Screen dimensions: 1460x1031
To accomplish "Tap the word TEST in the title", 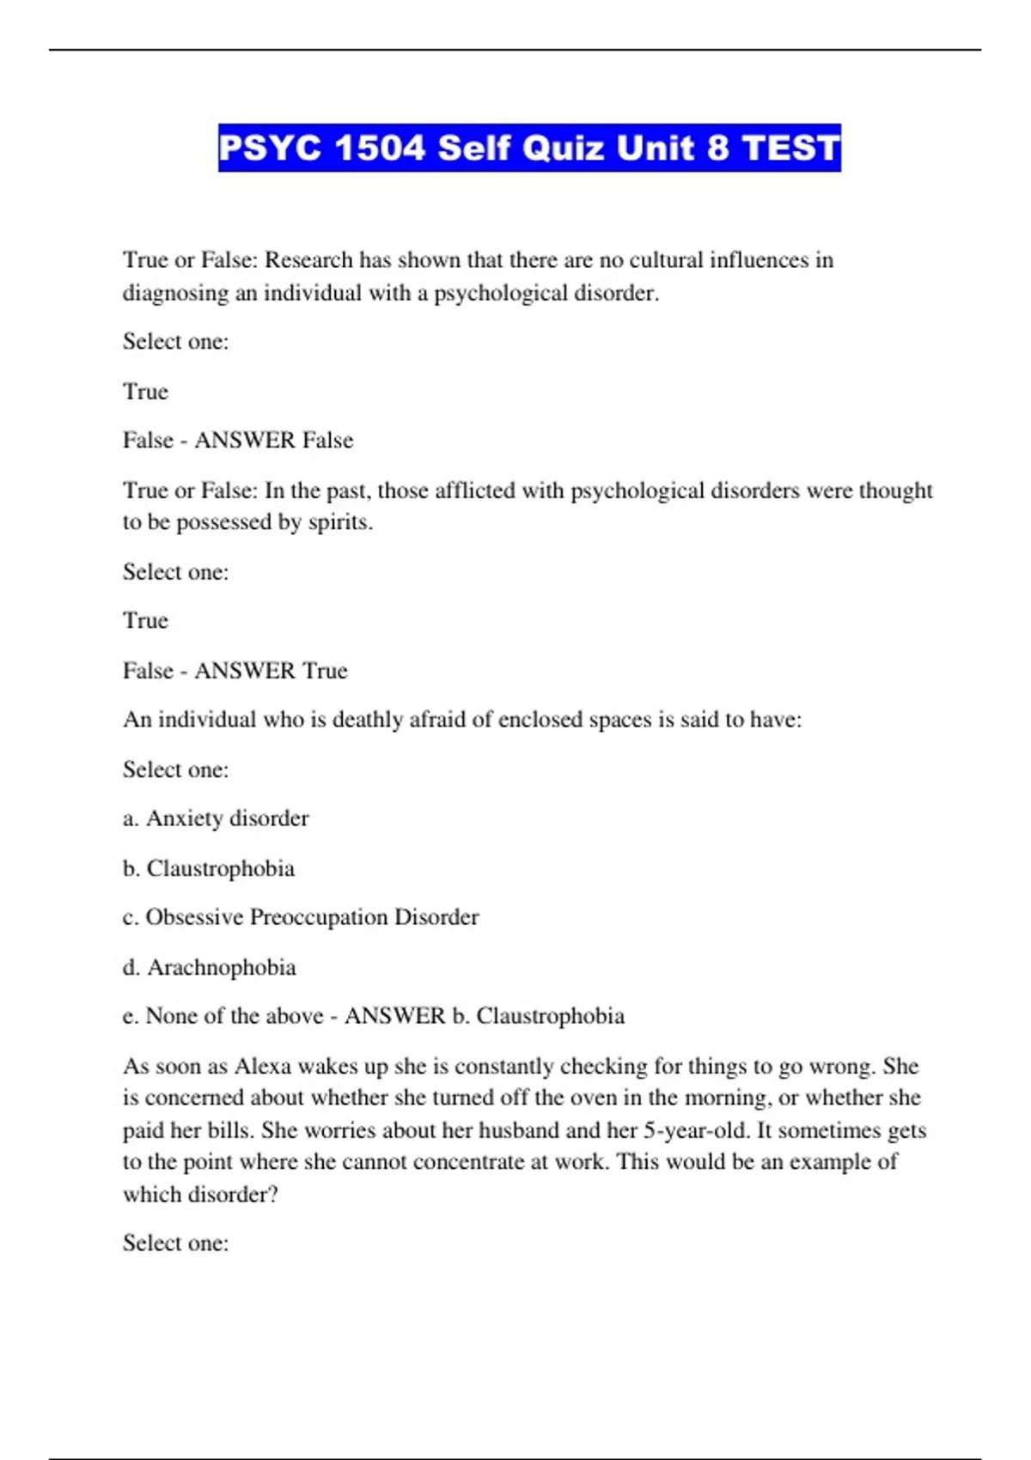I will click(x=790, y=149).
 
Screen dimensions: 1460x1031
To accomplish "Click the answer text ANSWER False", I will click(x=274, y=441).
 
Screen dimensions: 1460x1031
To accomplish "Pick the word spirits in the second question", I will click(x=340, y=522).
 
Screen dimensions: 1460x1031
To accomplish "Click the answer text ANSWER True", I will click(x=271, y=671).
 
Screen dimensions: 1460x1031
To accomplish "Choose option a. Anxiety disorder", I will click(x=216, y=818).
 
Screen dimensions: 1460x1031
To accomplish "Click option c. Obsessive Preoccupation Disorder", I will click(x=301, y=917).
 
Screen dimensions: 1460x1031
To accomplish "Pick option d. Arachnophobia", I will click(x=210, y=968).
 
